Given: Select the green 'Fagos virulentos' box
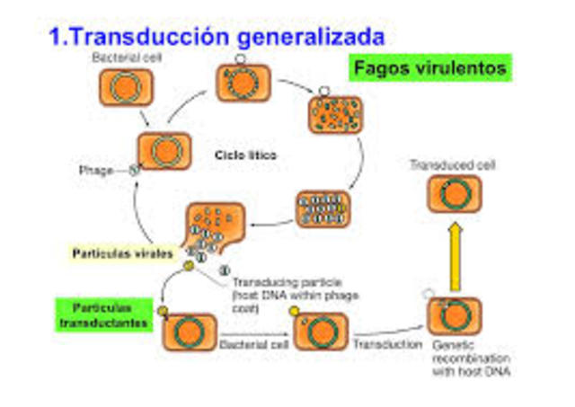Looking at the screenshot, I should [429, 68].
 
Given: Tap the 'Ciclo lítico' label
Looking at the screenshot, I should [245, 155].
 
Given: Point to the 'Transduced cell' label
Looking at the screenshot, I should [446, 166].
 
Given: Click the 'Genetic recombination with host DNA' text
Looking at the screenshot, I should [464, 358].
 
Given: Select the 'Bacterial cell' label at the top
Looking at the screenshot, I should [122, 58].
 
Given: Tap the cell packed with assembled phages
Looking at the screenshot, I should [322, 208].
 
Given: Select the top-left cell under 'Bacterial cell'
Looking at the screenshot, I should [125, 87].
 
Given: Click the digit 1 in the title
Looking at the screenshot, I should [56, 38].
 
